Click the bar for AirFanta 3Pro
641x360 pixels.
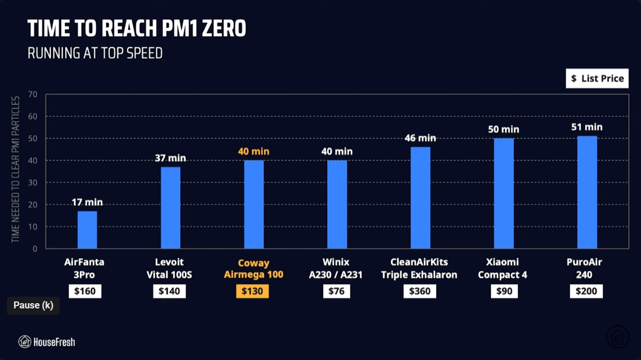coord(87,230)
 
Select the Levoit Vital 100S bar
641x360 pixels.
coord(170,208)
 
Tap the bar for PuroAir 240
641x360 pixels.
coord(587,192)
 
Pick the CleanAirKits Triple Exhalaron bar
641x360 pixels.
coord(421,198)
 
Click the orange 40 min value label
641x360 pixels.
coord(253,151)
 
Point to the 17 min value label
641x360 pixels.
coord(87,202)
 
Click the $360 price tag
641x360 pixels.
coord(420,291)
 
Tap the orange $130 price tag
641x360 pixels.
coord(252,291)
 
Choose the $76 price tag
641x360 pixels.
coord(336,291)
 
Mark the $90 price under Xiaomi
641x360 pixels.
coord(504,291)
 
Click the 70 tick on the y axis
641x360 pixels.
coord(32,94)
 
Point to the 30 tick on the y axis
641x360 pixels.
coord(32,183)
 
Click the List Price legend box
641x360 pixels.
coord(597,78)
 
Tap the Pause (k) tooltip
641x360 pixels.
coord(33,306)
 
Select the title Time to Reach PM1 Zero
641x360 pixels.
coord(137,28)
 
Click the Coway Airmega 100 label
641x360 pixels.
coord(253,269)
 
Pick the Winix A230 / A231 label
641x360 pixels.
coord(336,269)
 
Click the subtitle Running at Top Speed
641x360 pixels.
coord(95,53)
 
